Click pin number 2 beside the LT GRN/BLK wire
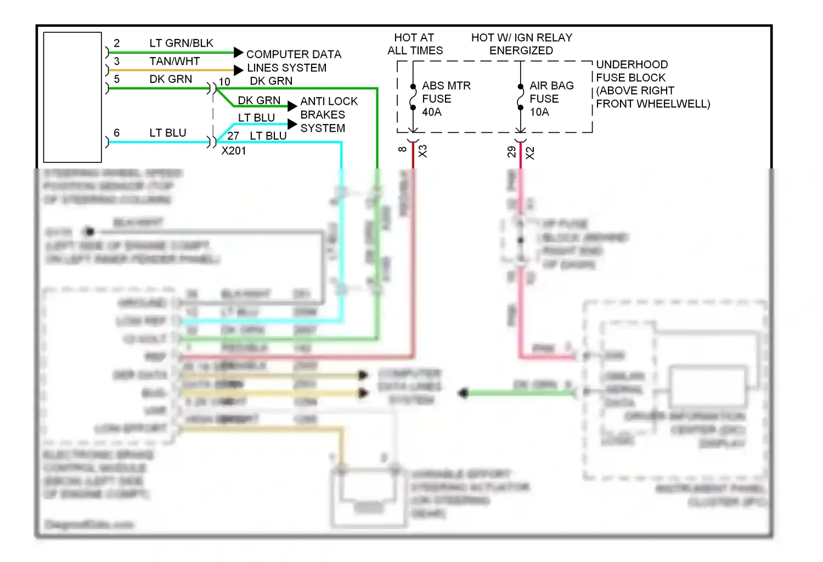pyautogui.click(x=116, y=43)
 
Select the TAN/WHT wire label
pyautogui.click(x=174, y=61)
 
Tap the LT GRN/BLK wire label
pyautogui.click(x=181, y=43)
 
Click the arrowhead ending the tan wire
pyautogui.click(x=238, y=70)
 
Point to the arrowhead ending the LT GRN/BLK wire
pyautogui.click(x=238, y=53)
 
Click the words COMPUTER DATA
pyautogui.click(x=294, y=54)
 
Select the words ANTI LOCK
pyautogui.click(x=329, y=102)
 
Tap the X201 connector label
pyautogui.click(x=234, y=151)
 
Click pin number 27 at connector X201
pyautogui.click(x=233, y=136)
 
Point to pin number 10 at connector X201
pyautogui.click(x=224, y=82)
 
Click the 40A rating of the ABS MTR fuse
pyautogui.click(x=432, y=113)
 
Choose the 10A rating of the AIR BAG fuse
pyautogui.click(x=539, y=113)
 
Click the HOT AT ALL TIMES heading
pyautogui.click(x=415, y=44)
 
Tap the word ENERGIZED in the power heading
pyautogui.click(x=521, y=51)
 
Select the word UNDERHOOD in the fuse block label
pyautogui.click(x=632, y=65)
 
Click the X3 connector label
pyautogui.click(x=422, y=151)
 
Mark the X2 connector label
pyautogui.click(x=530, y=153)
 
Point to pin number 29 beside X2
pyautogui.click(x=511, y=151)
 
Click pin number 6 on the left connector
pyautogui.click(x=116, y=133)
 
